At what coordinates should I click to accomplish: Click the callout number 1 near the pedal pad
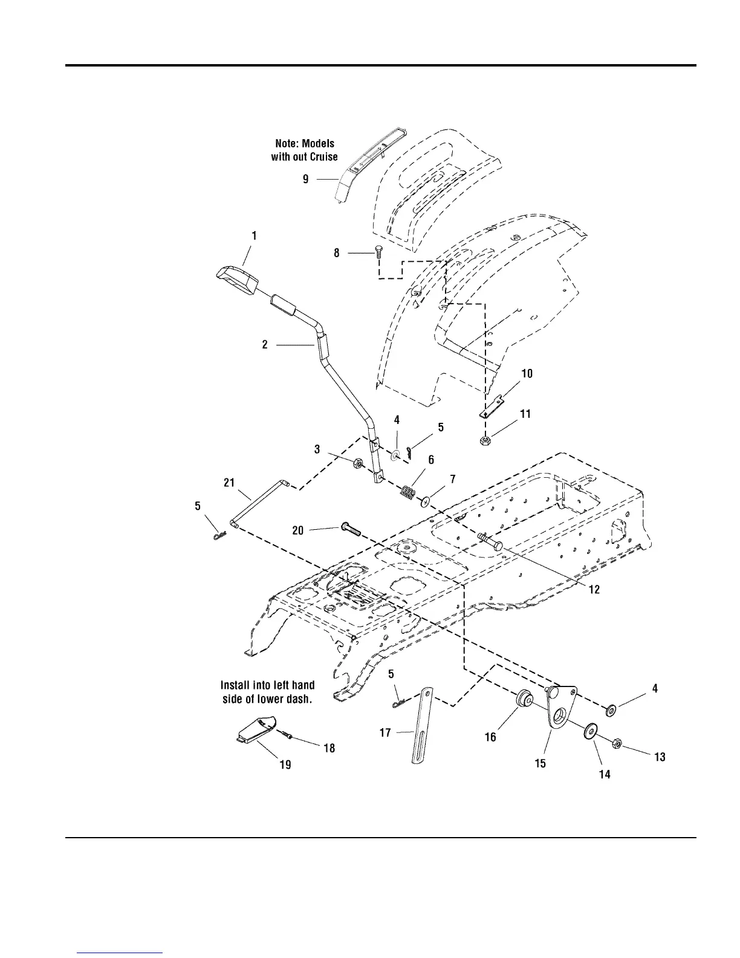click(x=255, y=236)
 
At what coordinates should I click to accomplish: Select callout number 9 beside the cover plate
click(x=306, y=179)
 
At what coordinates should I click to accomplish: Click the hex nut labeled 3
click(x=357, y=464)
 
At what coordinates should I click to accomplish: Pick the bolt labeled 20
click(x=351, y=529)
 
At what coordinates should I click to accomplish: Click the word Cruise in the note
click(x=323, y=157)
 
